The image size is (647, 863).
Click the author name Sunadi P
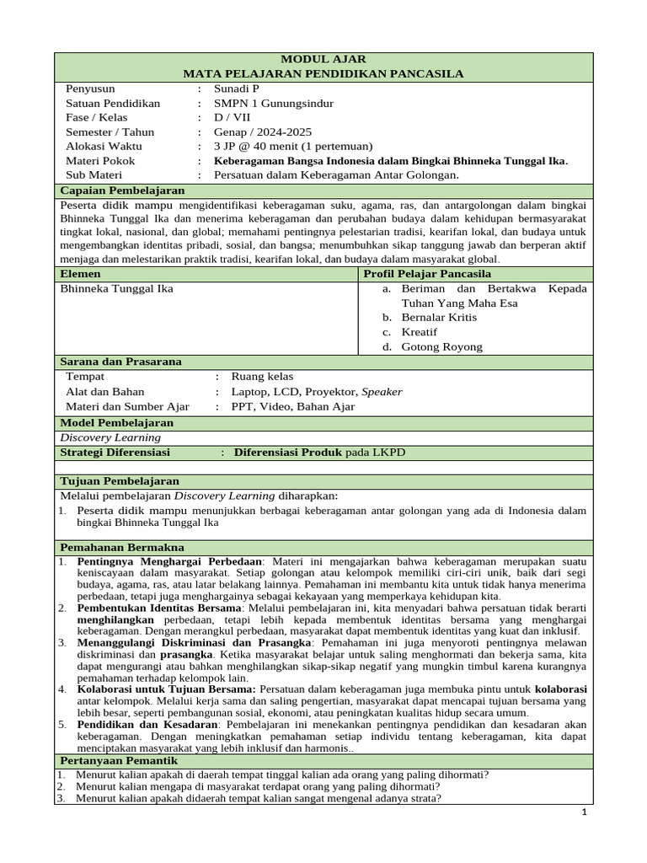pyautogui.click(x=238, y=88)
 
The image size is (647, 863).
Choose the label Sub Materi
pyautogui.click(x=94, y=174)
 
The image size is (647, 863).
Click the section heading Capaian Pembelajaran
pyautogui.click(x=122, y=190)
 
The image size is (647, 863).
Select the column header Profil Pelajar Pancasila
pyautogui.click(x=427, y=274)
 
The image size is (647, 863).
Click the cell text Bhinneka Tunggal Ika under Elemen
pyautogui.click(x=117, y=288)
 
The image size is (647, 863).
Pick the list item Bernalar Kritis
pyautogui.click(x=439, y=317)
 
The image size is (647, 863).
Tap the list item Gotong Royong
pyautogui.click(x=441, y=346)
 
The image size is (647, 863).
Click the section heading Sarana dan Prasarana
pyautogui.click(x=120, y=362)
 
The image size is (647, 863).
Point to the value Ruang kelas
pyautogui.click(x=262, y=377)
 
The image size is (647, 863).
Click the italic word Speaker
pyautogui.click(x=382, y=391)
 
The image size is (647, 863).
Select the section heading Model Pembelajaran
pyautogui.click(x=117, y=422)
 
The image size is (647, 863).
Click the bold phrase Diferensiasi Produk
pyautogui.click(x=288, y=453)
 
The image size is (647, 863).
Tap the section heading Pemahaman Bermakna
pyautogui.click(x=121, y=547)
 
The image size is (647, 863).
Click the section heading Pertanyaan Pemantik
pyautogui.click(x=119, y=761)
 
